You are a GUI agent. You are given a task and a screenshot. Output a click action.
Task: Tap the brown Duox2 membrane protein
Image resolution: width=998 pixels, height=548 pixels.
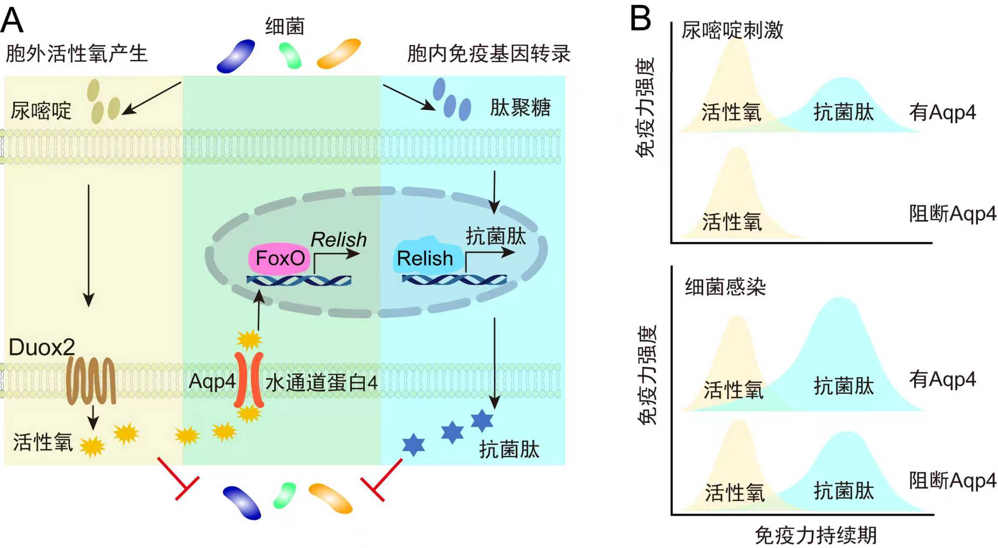[91, 381]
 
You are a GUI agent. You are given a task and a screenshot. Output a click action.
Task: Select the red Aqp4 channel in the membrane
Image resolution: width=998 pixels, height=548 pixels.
[248, 380]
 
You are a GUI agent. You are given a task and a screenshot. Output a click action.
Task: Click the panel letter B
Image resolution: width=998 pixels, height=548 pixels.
[641, 19]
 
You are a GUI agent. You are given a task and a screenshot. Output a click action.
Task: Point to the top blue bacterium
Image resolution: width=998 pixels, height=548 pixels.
[236, 56]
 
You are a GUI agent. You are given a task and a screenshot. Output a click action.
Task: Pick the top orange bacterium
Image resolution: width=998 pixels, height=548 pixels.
[339, 53]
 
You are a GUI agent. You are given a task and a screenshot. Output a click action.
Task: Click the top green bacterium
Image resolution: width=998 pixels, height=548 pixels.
[290, 55]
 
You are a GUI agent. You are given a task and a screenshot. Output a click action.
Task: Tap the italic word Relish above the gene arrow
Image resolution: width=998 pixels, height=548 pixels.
[339, 239]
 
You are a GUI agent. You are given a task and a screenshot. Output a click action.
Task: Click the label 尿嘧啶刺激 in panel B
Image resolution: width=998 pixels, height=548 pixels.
[732, 30]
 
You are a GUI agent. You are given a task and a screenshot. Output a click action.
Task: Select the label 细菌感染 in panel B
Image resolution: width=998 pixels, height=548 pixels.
[725, 287]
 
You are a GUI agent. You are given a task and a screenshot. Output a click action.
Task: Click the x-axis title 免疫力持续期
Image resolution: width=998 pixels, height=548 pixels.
[816, 536]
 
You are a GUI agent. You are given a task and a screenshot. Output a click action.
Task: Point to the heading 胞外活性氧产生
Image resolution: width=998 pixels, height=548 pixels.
[77, 54]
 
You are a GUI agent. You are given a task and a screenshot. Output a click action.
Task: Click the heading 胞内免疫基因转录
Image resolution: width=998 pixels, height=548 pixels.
[488, 54]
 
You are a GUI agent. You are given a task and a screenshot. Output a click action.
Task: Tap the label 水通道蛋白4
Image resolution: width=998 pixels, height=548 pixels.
[321, 382]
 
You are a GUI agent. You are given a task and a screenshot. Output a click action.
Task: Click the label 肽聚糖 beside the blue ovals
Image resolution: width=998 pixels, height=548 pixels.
[520, 107]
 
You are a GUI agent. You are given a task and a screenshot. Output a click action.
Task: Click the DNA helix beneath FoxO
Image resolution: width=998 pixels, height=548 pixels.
[299, 280]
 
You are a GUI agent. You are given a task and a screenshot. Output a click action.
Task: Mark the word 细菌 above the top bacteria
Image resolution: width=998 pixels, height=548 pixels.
[285, 27]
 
